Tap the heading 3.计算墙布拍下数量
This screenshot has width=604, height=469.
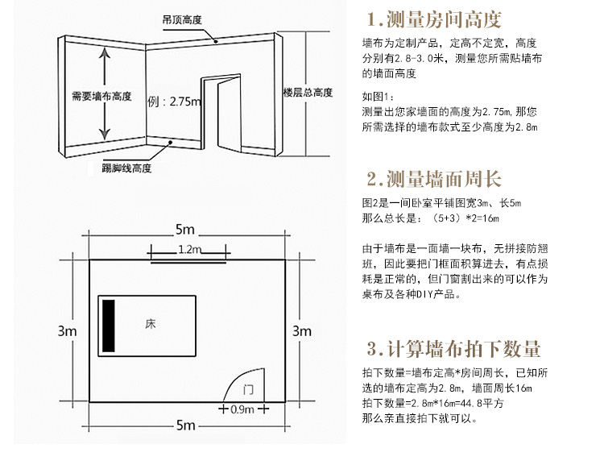tap(453, 349)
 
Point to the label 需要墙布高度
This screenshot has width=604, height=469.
tap(101, 96)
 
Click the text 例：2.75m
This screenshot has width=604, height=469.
tap(174, 102)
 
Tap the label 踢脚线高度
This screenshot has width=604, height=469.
tap(127, 168)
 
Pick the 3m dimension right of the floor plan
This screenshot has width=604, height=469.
tap(300, 330)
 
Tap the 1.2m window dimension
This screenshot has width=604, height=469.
tap(188, 249)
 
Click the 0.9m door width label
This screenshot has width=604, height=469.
tap(242, 409)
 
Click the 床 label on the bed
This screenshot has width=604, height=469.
tap(151, 324)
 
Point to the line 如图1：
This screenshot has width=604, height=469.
tap(381, 98)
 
